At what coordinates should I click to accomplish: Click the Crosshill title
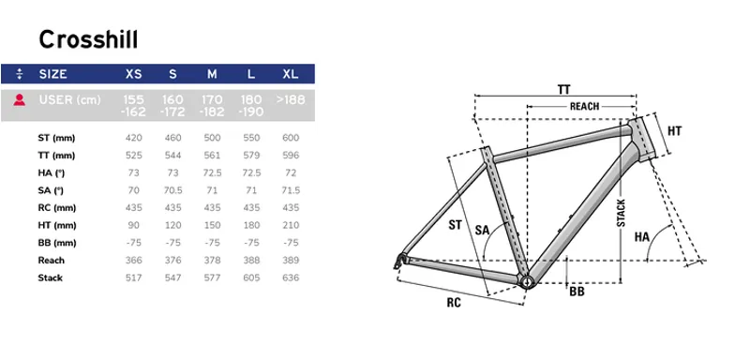click(x=88, y=38)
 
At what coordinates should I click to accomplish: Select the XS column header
click(x=134, y=73)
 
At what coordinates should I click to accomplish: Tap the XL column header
click(x=291, y=73)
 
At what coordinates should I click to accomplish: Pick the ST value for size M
click(x=213, y=138)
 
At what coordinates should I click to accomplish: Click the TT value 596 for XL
click(x=291, y=156)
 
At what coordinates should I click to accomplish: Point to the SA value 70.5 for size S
click(x=173, y=190)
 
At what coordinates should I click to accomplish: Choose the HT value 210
click(x=291, y=226)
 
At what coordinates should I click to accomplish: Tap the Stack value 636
click(x=291, y=278)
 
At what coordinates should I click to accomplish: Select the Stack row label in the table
click(x=51, y=278)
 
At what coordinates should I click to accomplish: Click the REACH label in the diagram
click(x=585, y=107)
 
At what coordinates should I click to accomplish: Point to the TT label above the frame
click(x=563, y=89)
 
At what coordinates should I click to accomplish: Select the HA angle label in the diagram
click(x=642, y=237)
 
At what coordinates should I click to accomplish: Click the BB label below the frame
click(x=578, y=292)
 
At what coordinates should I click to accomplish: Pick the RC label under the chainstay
click(x=453, y=303)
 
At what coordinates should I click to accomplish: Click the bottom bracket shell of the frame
click(x=526, y=279)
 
